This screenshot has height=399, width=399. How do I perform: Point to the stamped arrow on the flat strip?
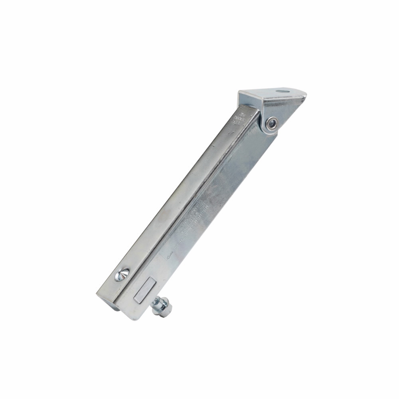pos(170,253)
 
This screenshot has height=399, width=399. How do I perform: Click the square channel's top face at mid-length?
pos(176,196)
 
